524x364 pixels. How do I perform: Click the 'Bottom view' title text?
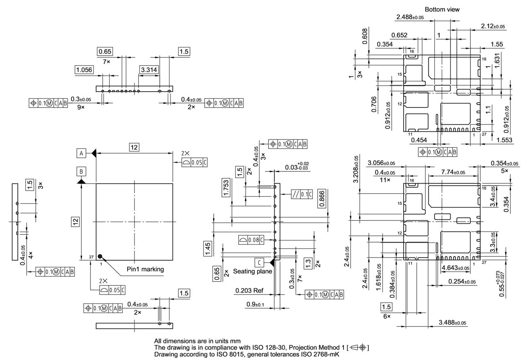(x=442, y=9)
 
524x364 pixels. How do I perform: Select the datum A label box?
(x=81, y=153)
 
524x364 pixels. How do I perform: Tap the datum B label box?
(x=81, y=171)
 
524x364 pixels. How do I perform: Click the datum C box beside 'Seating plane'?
(x=259, y=262)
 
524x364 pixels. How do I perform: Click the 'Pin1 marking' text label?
(x=145, y=269)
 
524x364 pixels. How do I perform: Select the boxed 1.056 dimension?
(x=84, y=70)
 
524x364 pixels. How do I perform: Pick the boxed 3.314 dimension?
(x=148, y=70)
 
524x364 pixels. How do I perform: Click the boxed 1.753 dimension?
(x=226, y=187)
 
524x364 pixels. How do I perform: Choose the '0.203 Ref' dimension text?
(x=249, y=291)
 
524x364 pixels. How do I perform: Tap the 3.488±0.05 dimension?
(x=453, y=323)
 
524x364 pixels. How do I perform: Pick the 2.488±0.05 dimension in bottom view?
(x=410, y=17)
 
